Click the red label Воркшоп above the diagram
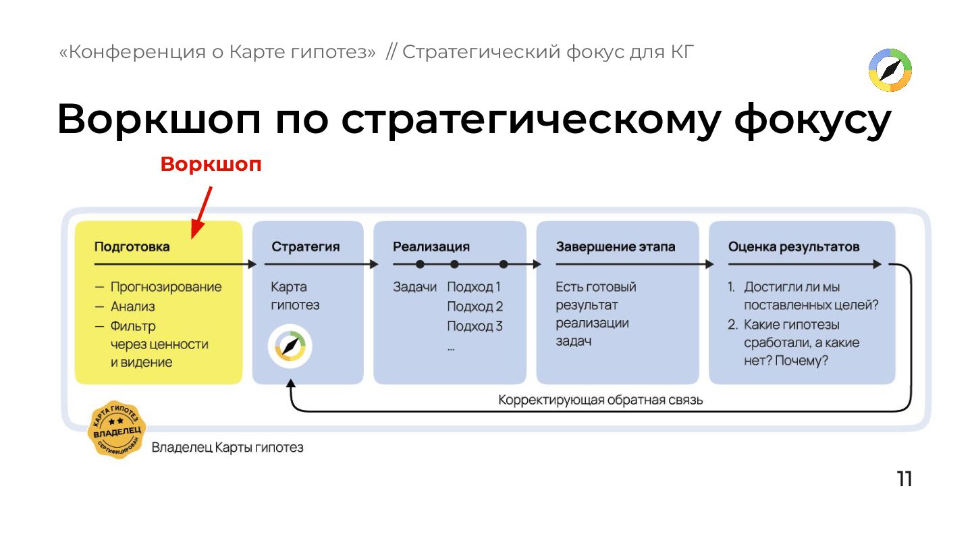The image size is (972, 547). point(211,165)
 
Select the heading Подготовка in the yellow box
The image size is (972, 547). point(132,246)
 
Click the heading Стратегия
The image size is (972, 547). point(305,246)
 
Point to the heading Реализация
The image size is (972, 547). point(431,246)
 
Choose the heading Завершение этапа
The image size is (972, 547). point(615,246)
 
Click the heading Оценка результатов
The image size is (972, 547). point(794,246)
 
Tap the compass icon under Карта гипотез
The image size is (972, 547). point(290,346)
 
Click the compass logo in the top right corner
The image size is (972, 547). point(890,70)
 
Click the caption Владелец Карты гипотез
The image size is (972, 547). point(227,447)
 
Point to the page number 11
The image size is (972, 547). point(904,479)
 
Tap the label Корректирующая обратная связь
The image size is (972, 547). point(601,400)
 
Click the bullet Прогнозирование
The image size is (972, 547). point(166,287)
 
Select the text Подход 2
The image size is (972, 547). point(475,307)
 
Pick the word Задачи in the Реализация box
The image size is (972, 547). point(415,287)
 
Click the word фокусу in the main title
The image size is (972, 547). point(813,120)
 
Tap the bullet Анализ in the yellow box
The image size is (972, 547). point(133,307)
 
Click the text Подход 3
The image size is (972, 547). point(475,326)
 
